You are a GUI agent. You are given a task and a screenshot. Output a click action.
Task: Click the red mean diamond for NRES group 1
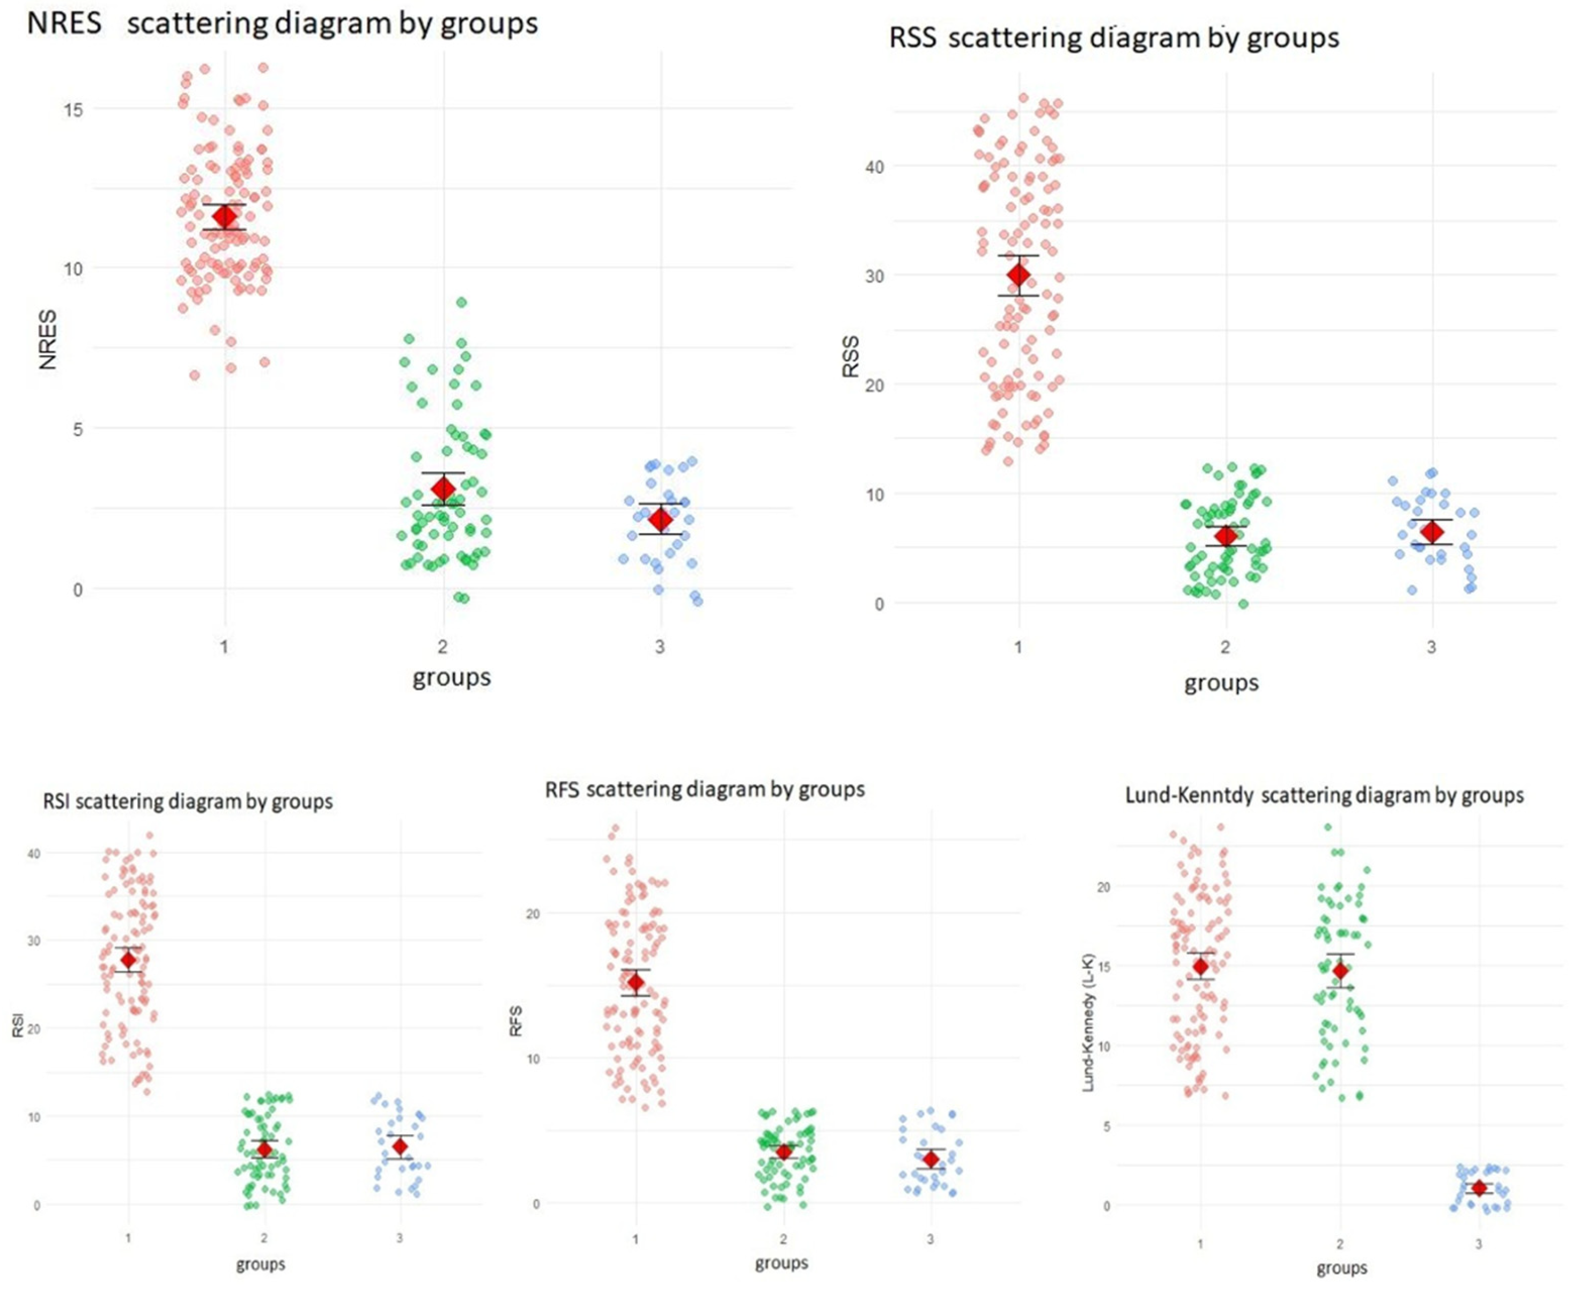(225, 217)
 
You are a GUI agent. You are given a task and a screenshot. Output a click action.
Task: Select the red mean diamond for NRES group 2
(444, 488)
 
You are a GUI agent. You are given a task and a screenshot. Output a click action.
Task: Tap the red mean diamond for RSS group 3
(1432, 532)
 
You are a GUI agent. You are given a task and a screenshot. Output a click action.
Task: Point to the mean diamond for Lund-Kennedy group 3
(1479, 1188)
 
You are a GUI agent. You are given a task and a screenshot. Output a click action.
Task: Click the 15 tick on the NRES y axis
(73, 110)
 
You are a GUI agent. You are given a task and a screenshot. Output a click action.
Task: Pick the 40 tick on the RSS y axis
(874, 167)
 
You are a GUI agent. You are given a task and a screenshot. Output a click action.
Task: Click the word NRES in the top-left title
(64, 23)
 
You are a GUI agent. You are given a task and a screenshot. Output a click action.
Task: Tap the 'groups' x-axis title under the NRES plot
(452, 677)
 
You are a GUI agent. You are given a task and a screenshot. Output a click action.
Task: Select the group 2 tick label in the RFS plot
(783, 1239)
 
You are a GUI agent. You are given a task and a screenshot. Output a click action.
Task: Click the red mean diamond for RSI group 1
(129, 960)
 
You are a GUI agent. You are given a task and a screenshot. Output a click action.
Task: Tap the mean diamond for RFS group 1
(636, 982)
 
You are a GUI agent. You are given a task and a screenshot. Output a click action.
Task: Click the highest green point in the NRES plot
(461, 302)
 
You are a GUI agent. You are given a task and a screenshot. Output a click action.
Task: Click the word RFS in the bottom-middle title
(562, 789)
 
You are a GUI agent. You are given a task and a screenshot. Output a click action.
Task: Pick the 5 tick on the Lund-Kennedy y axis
(1106, 1126)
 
